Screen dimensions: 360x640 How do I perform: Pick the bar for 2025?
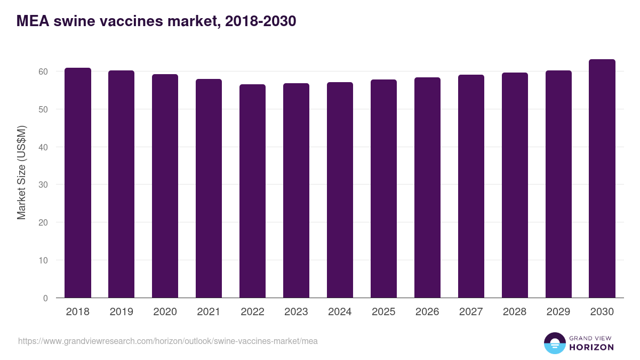(x=384, y=189)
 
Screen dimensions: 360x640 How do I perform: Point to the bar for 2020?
(x=165, y=186)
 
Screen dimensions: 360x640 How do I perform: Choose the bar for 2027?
(x=471, y=186)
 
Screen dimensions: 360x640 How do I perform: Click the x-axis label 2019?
(x=122, y=312)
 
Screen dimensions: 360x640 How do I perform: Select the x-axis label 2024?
(x=340, y=312)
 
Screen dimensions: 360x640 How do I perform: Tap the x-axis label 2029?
(x=558, y=312)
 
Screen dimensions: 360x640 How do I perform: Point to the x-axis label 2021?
(x=209, y=312)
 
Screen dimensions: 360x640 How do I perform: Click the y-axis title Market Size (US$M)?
(x=21, y=172)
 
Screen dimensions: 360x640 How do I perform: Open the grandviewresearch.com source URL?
(x=168, y=341)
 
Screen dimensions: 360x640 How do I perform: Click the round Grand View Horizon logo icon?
(x=554, y=343)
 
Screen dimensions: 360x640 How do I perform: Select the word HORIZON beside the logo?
(x=591, y=347)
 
